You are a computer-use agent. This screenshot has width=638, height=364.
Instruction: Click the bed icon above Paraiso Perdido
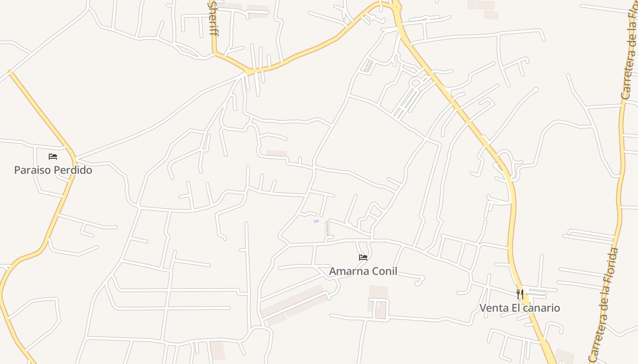coord(53,157)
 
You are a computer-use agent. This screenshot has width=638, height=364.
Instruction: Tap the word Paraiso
coord(32,170)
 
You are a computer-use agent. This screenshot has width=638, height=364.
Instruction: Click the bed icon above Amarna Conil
coord(363,258)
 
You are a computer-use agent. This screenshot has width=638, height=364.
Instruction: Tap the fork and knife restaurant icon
coord(520,294)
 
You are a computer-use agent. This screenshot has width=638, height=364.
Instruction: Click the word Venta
coord(494,308)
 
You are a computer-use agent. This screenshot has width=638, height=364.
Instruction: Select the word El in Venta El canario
coord(515,308)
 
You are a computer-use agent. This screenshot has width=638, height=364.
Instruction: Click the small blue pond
coord(316,222)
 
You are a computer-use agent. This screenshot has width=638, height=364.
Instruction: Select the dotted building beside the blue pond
coord(327,227)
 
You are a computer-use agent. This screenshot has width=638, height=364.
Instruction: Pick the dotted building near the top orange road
coord(367,66)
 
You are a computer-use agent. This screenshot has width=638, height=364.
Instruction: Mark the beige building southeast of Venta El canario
coord(564,355)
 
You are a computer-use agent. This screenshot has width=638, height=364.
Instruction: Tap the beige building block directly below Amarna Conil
coord(378,300)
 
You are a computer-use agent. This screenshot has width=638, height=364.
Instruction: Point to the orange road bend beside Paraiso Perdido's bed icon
coord(73,157)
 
